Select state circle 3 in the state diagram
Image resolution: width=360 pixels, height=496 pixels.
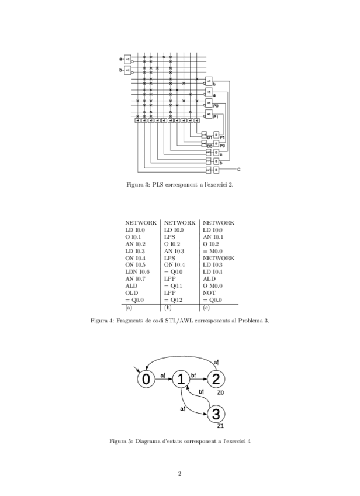tap(216, 415)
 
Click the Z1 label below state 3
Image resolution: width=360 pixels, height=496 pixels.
tap(220, 426)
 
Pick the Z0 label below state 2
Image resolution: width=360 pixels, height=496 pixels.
tap(220, 392)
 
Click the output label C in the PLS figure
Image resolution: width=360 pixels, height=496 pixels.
tap(239, 169)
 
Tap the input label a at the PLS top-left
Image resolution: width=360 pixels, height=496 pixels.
tap(121, 59)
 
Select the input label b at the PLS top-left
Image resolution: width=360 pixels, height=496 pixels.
tap(121, 71)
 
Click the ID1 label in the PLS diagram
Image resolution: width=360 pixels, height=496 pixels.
tap(210, 137)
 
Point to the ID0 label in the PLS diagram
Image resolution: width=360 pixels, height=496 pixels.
tap(210, 144)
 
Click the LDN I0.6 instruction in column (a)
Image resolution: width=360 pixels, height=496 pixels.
tap(138, 273)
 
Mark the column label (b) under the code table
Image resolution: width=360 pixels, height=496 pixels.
tap(168, 308)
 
